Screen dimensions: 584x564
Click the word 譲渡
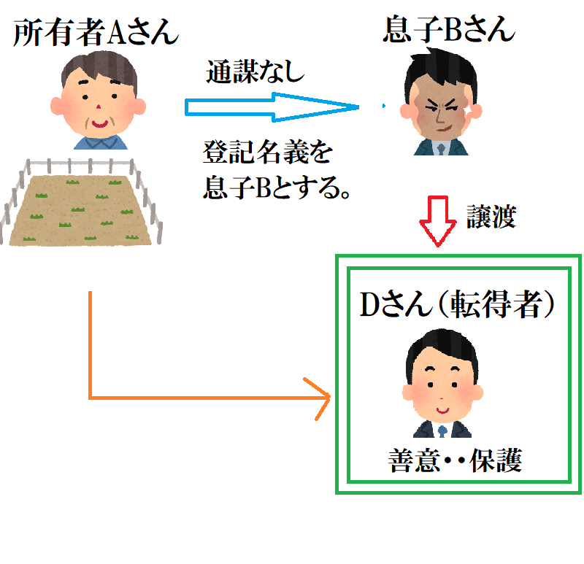(491, 217)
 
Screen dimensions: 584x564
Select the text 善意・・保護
(456, 462)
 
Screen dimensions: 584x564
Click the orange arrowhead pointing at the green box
(321, 398)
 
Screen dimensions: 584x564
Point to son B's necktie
(441, 148)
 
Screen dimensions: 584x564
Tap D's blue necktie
(442, 430)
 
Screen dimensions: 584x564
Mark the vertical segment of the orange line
(89, 343)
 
